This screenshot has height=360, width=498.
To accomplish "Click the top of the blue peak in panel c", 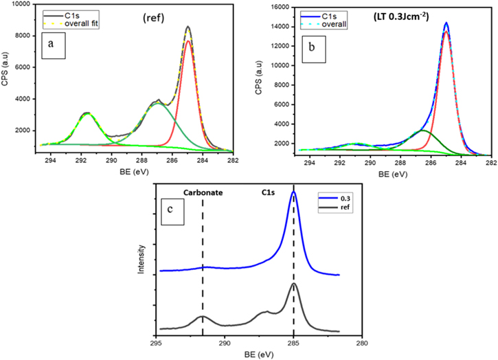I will [x=294, y=192].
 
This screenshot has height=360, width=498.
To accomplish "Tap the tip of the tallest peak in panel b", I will [x=446, y=23].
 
